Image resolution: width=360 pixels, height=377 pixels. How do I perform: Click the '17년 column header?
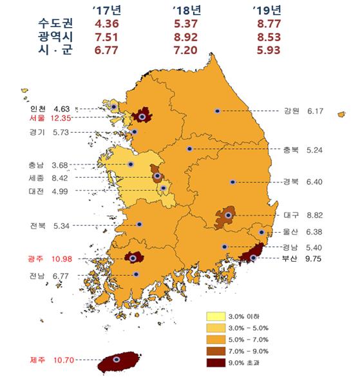point(107,11)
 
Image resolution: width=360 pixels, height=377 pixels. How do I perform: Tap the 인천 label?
point(37,108)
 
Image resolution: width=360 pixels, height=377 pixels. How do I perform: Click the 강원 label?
point(291,111)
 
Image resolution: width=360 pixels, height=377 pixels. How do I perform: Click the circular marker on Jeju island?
point(117,360)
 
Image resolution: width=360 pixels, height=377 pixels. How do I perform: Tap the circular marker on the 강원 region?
point(218,111)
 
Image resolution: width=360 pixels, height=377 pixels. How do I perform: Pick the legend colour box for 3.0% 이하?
point(215,316)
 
